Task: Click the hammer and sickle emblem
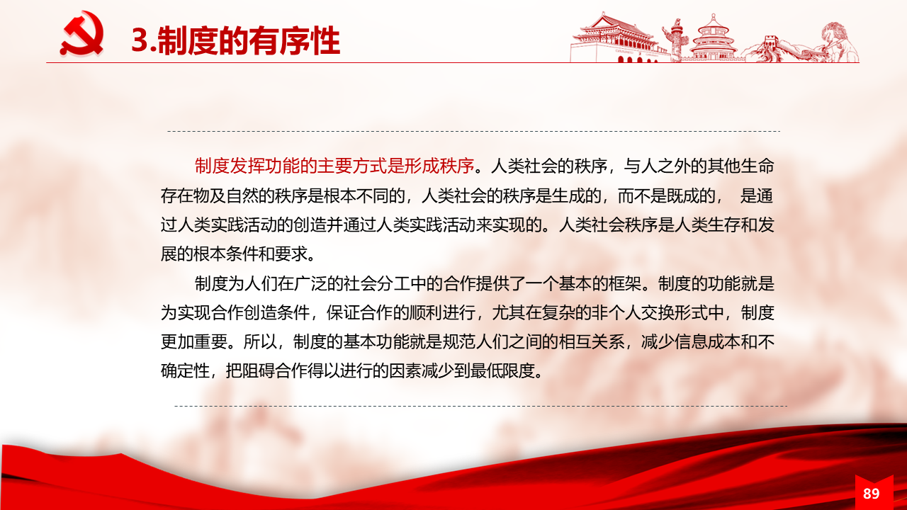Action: [82, 33]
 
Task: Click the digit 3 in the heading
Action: [140, 40]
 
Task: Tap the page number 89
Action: [871, 494]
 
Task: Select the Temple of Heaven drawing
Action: [713, 38]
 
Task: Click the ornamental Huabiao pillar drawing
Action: [676, 40]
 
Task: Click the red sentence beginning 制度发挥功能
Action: [334, 166]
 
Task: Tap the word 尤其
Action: [509, 312]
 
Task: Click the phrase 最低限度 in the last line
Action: [502, 370]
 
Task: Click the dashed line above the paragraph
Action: [474, 131]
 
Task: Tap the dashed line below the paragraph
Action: [480, 406]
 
